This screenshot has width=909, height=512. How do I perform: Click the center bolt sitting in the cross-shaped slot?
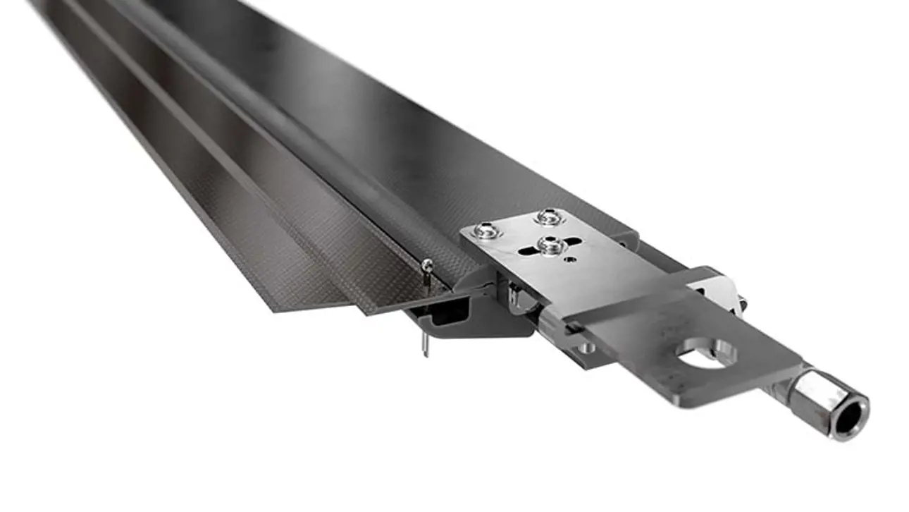pyautogui.click(x=550, y=245)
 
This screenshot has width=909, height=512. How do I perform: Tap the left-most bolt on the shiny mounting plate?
pyautogui.click(x=486, y=229)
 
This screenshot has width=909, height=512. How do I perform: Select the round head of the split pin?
pyautogui.click(x=427, y=264)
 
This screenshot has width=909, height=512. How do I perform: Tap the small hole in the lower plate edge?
pyautogui.click(x=586, y=348)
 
